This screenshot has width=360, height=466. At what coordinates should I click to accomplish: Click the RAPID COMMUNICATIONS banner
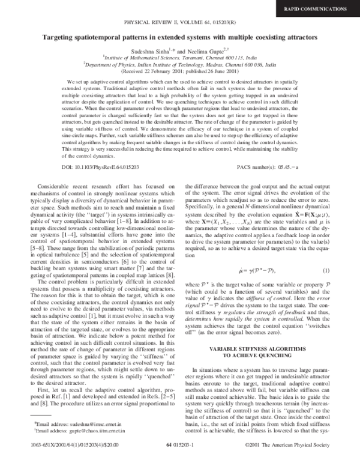322,8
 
